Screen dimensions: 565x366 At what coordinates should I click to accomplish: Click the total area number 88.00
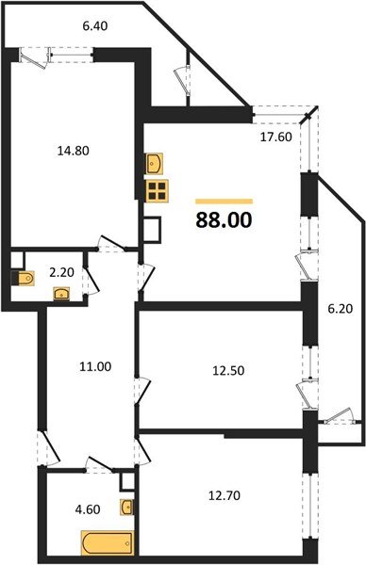click(x=224, y=221)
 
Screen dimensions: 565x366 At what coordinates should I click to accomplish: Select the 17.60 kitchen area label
click(x=277, y=134)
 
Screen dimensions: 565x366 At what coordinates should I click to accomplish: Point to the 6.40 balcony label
click(x=93, y=27)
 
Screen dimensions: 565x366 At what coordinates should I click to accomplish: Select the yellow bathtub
click(x=108, y=543)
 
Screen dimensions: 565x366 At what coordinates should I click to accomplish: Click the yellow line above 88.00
click(x=224, y=201)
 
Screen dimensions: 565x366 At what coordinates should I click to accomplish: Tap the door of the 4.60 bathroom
click(x=97, y=463)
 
